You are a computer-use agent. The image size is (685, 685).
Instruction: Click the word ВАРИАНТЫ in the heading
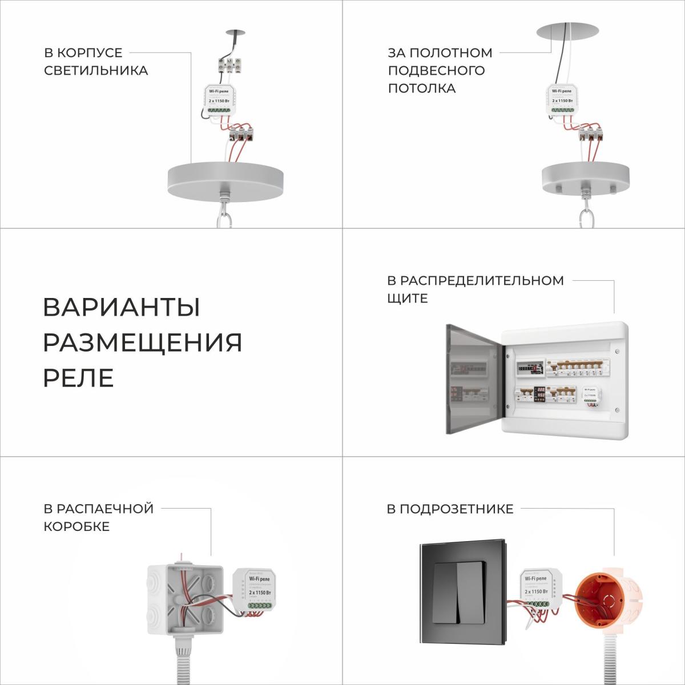point(122,308)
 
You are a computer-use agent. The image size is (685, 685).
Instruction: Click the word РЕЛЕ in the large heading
point(78,378)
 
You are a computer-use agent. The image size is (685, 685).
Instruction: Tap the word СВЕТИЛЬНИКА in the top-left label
point(96,71)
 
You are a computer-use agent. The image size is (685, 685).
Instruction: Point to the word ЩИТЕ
point(408,299)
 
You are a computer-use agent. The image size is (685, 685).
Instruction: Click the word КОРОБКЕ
point(76,526)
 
